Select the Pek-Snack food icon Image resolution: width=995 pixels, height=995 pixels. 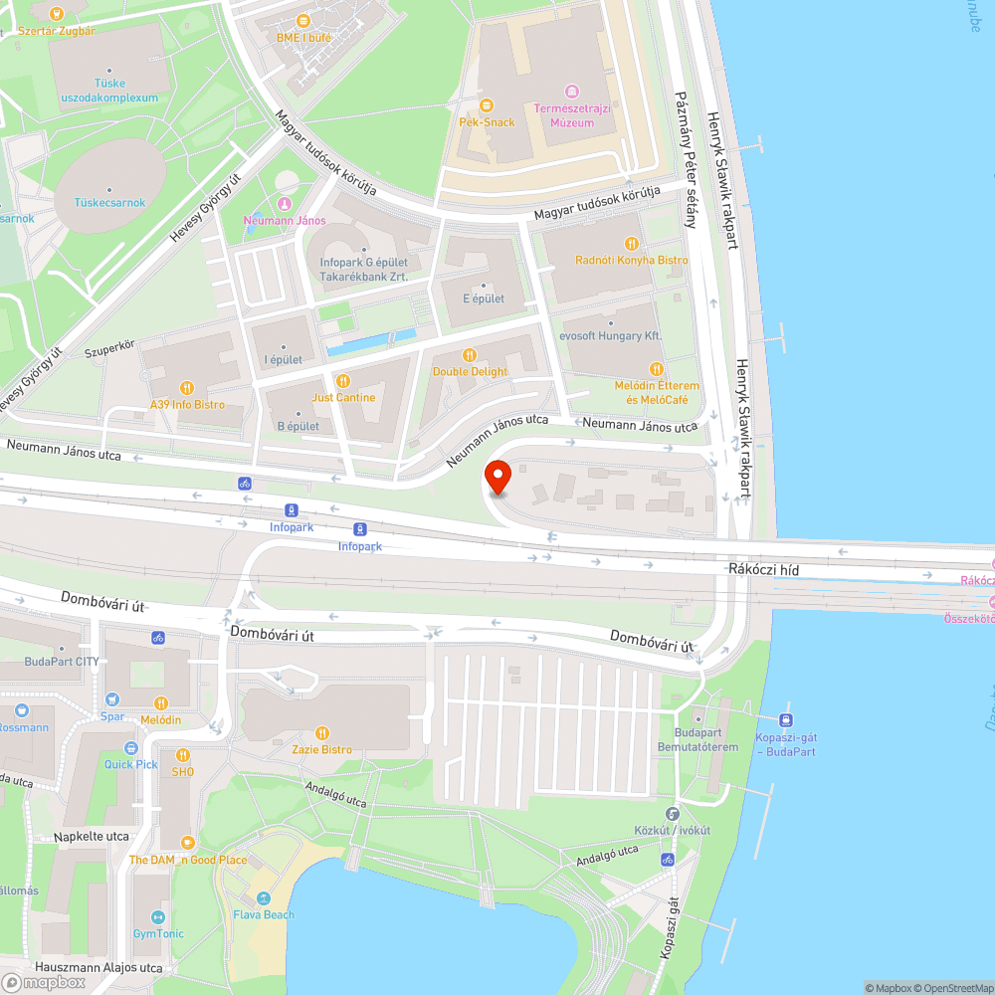487,104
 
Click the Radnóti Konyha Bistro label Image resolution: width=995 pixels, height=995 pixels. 632,260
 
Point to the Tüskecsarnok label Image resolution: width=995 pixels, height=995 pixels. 109,203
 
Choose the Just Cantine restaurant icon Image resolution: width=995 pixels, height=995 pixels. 343,380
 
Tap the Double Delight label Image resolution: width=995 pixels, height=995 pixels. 470,371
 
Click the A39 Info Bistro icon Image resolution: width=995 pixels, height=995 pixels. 186,388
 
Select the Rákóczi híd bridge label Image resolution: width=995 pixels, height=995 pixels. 764,569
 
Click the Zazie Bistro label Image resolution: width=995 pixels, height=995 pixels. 321,749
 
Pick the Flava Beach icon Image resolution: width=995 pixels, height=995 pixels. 264,897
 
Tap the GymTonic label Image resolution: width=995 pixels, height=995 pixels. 158,934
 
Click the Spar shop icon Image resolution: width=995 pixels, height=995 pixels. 112,699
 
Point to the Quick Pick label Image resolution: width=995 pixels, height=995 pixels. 131,764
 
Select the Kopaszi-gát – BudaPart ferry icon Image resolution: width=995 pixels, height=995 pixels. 786,719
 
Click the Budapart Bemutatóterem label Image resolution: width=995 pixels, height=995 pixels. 697,739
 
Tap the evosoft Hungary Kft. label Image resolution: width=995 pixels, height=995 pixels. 611,336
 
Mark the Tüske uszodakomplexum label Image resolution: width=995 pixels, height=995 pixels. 109,91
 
